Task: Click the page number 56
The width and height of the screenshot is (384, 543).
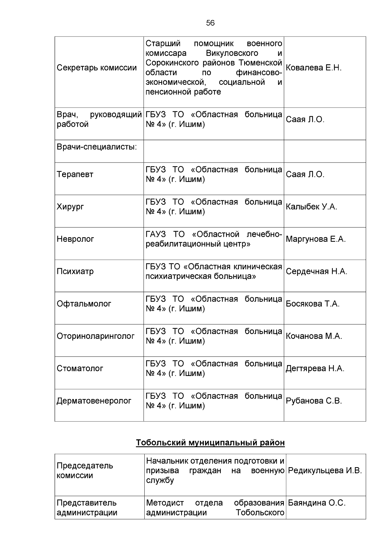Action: point(210,23)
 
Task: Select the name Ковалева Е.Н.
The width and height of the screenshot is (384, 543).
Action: point(314,68)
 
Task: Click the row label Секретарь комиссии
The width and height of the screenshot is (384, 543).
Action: point(97,68)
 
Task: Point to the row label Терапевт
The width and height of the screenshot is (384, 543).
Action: point(75,174)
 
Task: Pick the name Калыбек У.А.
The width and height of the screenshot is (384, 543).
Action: point(311,207)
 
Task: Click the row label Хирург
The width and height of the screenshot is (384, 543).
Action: point(70,207)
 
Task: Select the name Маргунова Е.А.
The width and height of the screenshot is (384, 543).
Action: point(316,239)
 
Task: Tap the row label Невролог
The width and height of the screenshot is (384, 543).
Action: point(75,239)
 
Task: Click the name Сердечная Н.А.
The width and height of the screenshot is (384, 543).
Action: point(316,272)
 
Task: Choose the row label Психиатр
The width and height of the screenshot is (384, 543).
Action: point(75,272)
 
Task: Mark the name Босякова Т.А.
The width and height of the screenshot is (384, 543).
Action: point(312,304)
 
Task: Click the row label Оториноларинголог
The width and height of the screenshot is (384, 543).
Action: point(95,336)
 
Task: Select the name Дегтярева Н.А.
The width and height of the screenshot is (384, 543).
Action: point(315,369)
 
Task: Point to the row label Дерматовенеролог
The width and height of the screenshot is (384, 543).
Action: point(94,401)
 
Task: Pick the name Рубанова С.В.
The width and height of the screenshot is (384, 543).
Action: point(314,401)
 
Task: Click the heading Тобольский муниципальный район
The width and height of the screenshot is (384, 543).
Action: point(210,443)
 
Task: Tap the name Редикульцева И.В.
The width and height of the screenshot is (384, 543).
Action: point(325,471)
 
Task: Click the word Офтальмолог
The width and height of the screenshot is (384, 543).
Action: point(84,304)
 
